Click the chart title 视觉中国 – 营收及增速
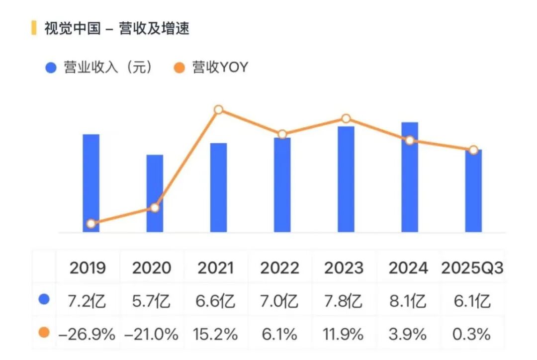tap(117, 28)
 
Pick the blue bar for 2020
tap(155, 193)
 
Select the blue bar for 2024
tap(410, 177)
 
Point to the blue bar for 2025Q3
tap(473, 191)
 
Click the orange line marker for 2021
tap(218, 110)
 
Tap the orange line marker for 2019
tap(91, 224)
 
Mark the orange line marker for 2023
tap(346, 118)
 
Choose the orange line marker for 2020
tap(155, 207)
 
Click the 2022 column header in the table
tap(280, 269)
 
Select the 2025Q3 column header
tap(472, 269)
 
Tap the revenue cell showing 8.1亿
tap(408, 301)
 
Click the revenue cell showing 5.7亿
tap(151, 301)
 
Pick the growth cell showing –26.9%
tap(88, 334)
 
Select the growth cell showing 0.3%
tap(471, 334)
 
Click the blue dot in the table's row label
tap(44, 300)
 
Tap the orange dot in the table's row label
tap(44, 333)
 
